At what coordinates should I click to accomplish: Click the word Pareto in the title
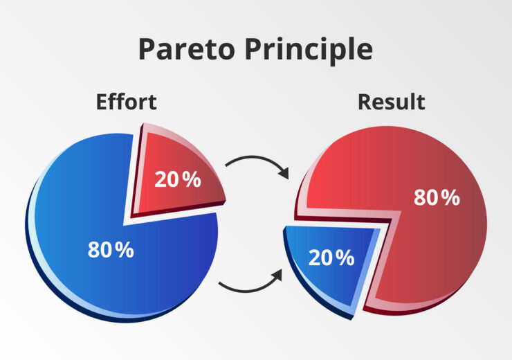[x=181, y=49]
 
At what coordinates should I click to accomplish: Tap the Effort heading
[x=126, y=102]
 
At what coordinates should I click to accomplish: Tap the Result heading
[x=391, y=102]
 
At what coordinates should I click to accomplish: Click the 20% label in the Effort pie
[x=178, y=179]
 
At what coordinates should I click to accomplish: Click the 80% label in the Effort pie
[x=111, y=250]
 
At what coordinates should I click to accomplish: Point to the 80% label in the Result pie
[x=437, y=197]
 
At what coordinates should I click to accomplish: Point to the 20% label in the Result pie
[x=331, y=258]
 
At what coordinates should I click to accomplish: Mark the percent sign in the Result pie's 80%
[x=450, y=197]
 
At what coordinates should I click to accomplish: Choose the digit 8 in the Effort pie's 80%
[x=95, y=250]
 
